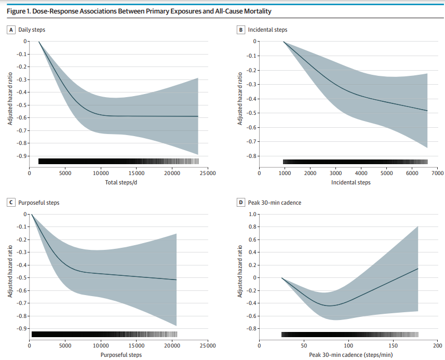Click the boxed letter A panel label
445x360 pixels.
(11, 30)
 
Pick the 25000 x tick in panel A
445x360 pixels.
(207, 174)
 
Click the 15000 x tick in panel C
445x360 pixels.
(136, 345)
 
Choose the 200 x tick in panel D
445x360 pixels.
(437, 345)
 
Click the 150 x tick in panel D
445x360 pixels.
(393, 345)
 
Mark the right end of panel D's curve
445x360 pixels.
(418, 269)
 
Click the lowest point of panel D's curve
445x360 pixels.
(329, 305)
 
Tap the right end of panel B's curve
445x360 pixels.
(427, 111)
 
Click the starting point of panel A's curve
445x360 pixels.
(39, 42)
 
